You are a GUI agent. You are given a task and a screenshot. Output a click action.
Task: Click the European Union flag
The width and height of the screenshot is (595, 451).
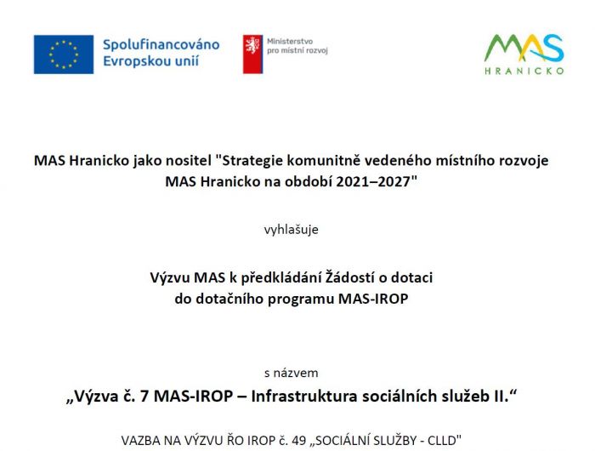(64, 54)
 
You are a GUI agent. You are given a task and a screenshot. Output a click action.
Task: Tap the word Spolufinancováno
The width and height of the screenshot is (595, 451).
(161, 44)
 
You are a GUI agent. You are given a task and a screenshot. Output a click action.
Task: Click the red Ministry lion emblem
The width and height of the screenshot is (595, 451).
(252, 54)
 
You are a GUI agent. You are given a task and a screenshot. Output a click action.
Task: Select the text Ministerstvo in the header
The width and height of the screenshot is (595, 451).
(290, 42)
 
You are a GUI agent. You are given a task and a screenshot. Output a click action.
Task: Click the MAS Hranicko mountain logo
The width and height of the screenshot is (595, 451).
(524, 48)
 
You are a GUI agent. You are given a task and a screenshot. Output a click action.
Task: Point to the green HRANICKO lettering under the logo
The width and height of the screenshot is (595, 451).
(524, 71)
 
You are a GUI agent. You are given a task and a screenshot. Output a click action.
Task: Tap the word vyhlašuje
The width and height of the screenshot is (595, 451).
(291, 230)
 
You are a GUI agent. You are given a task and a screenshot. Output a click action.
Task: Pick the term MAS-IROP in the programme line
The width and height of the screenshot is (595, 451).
(373, 299)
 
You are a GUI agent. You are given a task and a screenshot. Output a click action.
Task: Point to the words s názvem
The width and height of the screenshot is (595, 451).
(291, 373)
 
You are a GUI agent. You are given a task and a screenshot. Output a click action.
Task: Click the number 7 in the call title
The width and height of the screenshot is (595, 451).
(144, 397)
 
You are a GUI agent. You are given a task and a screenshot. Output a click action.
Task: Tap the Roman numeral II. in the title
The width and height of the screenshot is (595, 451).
(501, 397)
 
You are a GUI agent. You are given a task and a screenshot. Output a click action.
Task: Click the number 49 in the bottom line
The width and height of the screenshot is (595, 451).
(299, 441)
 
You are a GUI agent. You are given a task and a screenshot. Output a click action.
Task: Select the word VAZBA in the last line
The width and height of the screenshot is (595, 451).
(141, 441)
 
